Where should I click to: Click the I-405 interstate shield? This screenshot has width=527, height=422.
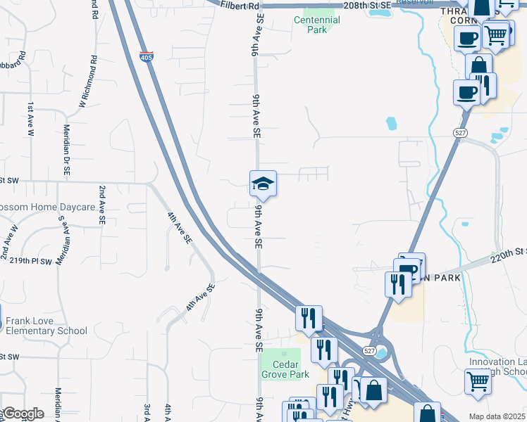click(146, 56)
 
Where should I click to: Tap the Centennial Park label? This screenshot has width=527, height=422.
click(316, 25)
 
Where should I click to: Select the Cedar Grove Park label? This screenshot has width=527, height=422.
click(285, 369)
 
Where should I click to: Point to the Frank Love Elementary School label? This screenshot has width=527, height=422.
click(46, 326)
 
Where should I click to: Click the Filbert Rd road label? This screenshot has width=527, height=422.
click(240, 6)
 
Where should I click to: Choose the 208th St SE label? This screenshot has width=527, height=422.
click(366, 5)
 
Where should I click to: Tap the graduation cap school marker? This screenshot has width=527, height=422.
click(263, 184)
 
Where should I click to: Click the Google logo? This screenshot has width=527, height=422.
click(23, 414)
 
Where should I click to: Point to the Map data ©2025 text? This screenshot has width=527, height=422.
click(496, 416)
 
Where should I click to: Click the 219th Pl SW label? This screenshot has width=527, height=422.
click(30, 260)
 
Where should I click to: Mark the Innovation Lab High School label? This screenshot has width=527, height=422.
click(497, 366)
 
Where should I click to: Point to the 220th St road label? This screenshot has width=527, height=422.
click(509, 255)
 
